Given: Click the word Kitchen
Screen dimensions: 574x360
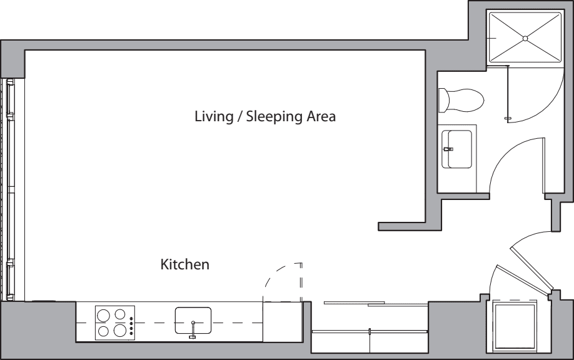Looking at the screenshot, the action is tap(185, 264).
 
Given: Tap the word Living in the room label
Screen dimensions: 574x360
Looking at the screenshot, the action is tap(214, 117).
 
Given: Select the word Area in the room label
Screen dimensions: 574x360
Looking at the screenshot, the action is tap(321, 116).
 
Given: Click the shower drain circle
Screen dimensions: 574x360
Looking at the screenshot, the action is tap(525, 38).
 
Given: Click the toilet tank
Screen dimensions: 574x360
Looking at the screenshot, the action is tap(443, 100).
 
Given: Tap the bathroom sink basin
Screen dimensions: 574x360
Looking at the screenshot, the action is tap(457, 149).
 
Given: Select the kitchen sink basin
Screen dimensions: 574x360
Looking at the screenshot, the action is tap(193, 321).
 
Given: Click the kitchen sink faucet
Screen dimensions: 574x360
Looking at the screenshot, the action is tap(193, 330).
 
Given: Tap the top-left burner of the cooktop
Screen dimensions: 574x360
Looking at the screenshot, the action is tap(104, 315).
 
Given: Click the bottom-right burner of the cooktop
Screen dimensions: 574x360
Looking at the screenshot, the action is tap(120, 331).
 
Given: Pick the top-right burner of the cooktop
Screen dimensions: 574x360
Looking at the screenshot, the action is tap(119, 314).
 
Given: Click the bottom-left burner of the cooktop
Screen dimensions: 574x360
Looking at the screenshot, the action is tap(104, 331).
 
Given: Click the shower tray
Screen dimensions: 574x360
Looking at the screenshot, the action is tap(525, 37).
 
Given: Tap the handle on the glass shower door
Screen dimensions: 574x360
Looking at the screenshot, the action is tap(507, 118).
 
